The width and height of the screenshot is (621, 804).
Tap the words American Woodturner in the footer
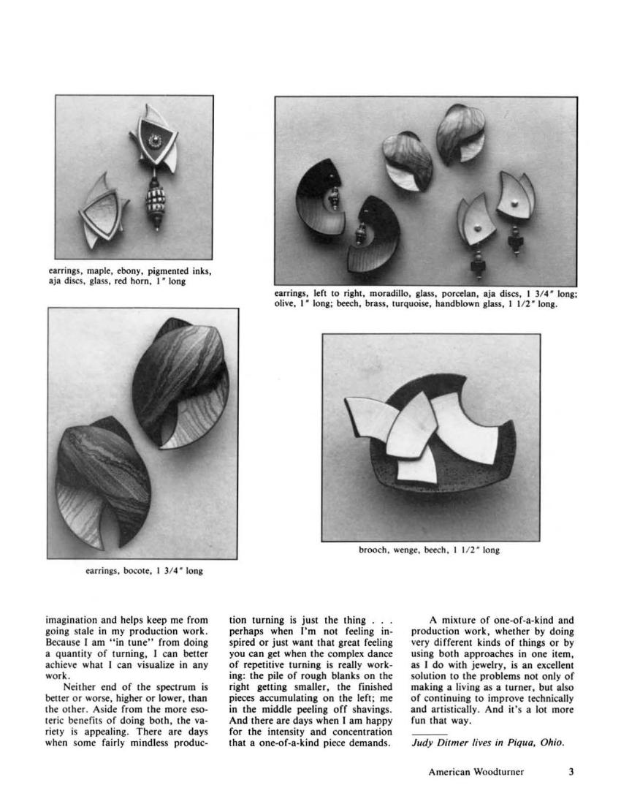(476, 772)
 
